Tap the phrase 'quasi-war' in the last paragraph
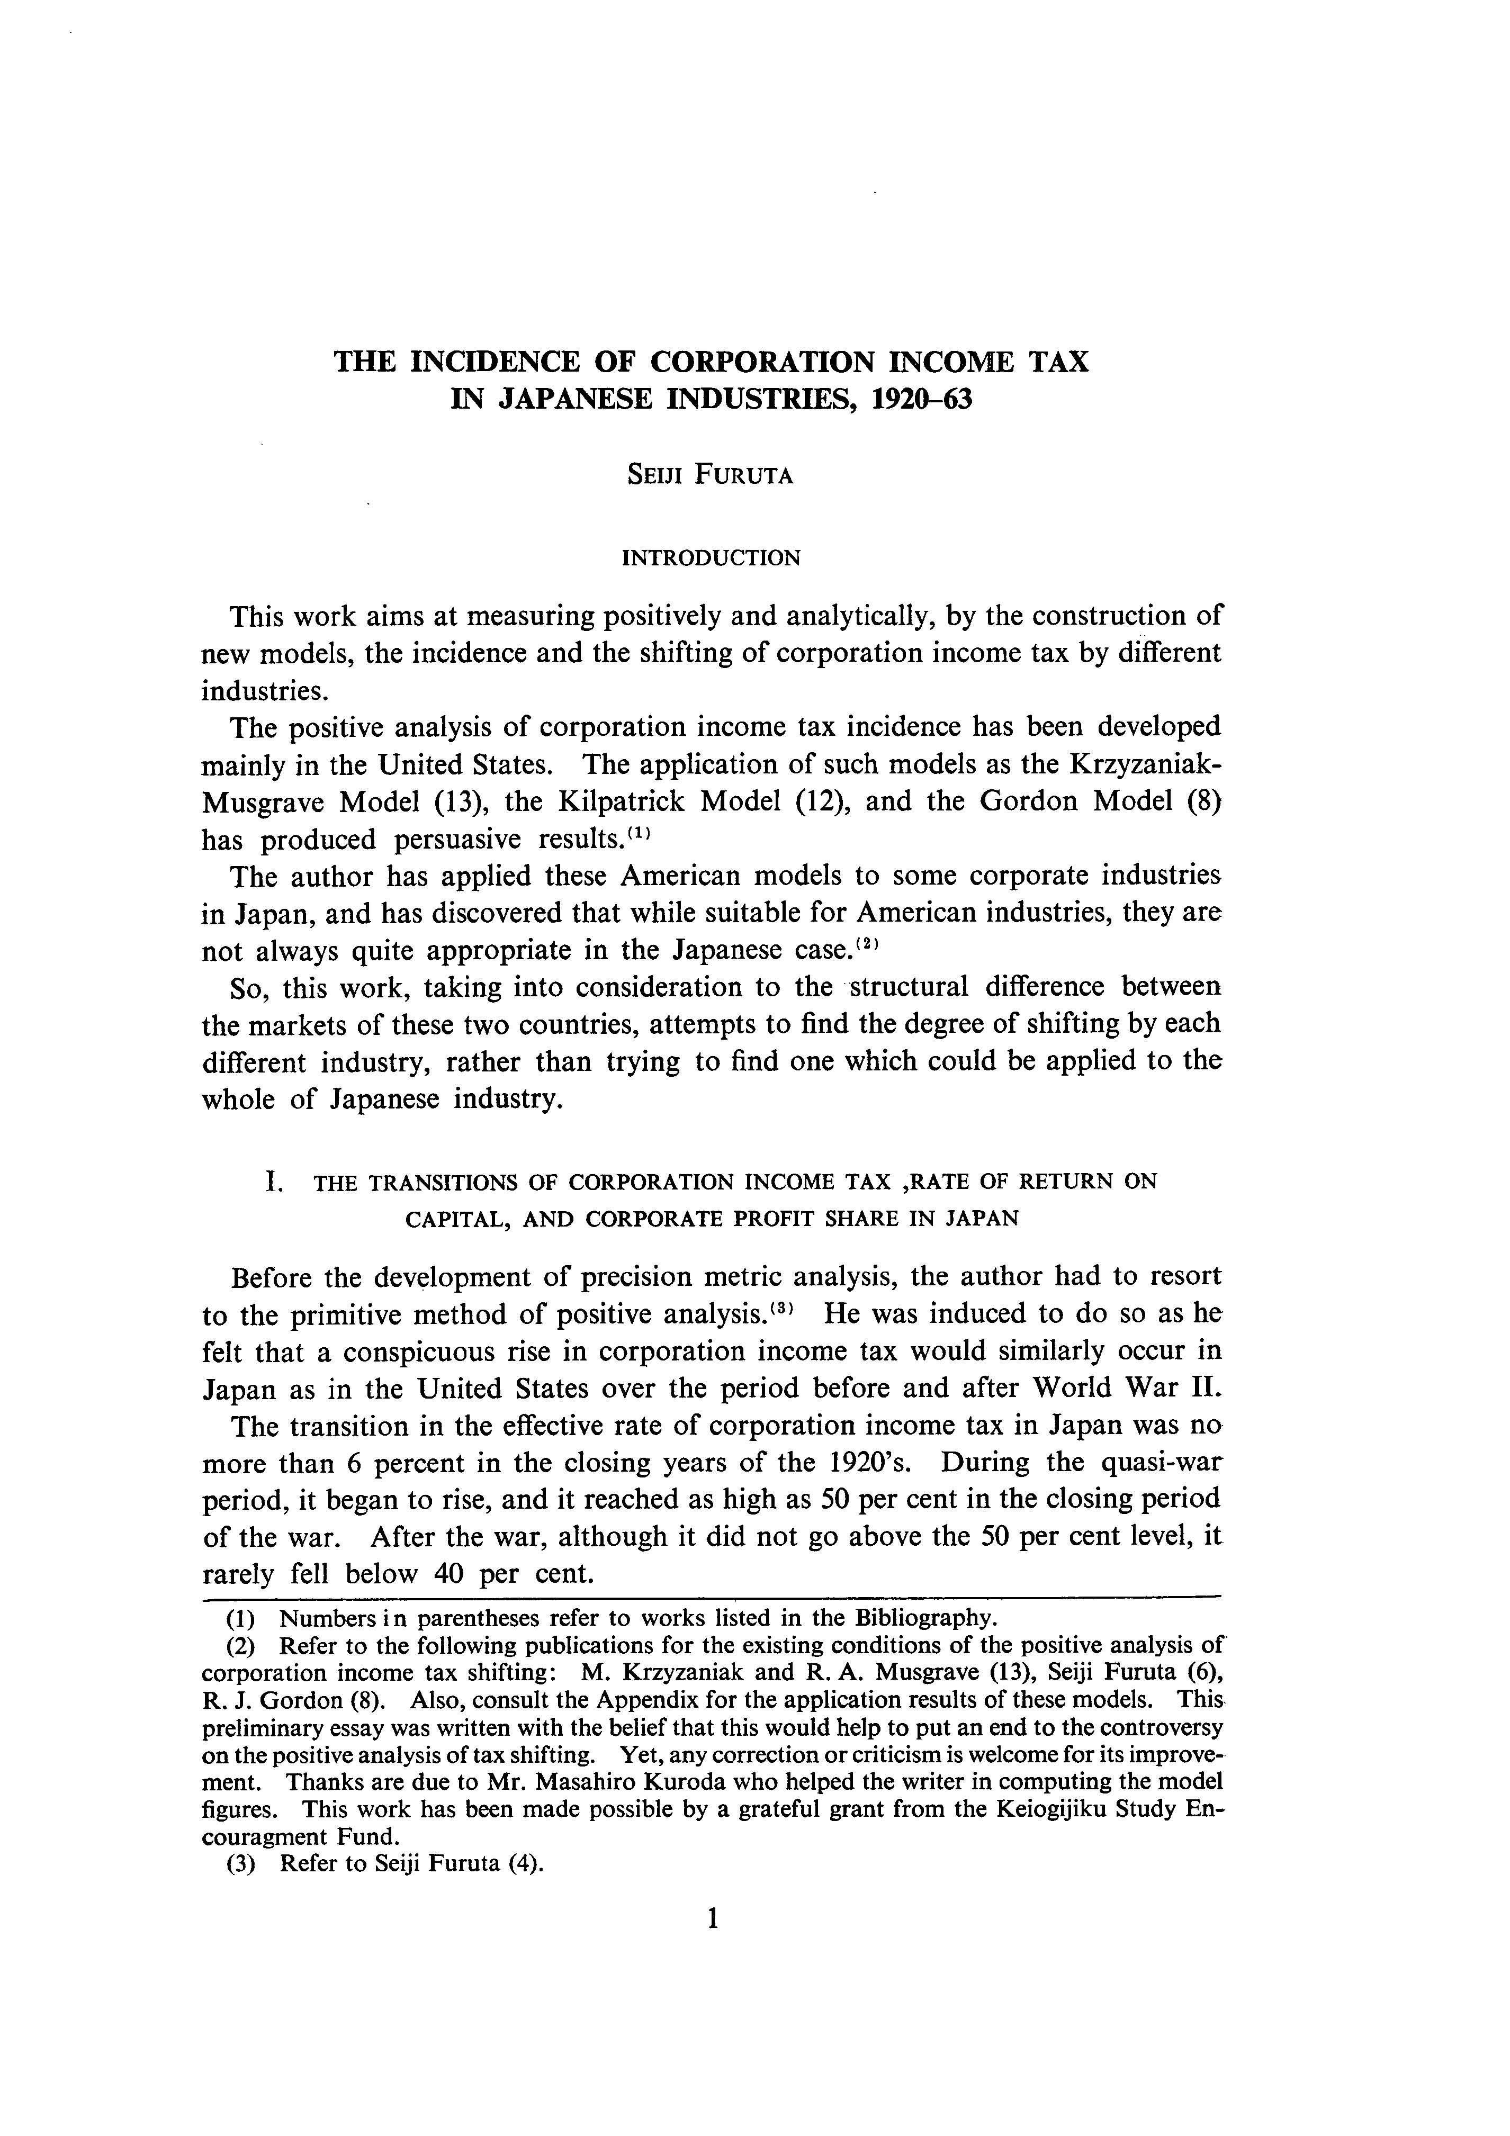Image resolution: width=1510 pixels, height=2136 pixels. [x=1161, y=1463]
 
